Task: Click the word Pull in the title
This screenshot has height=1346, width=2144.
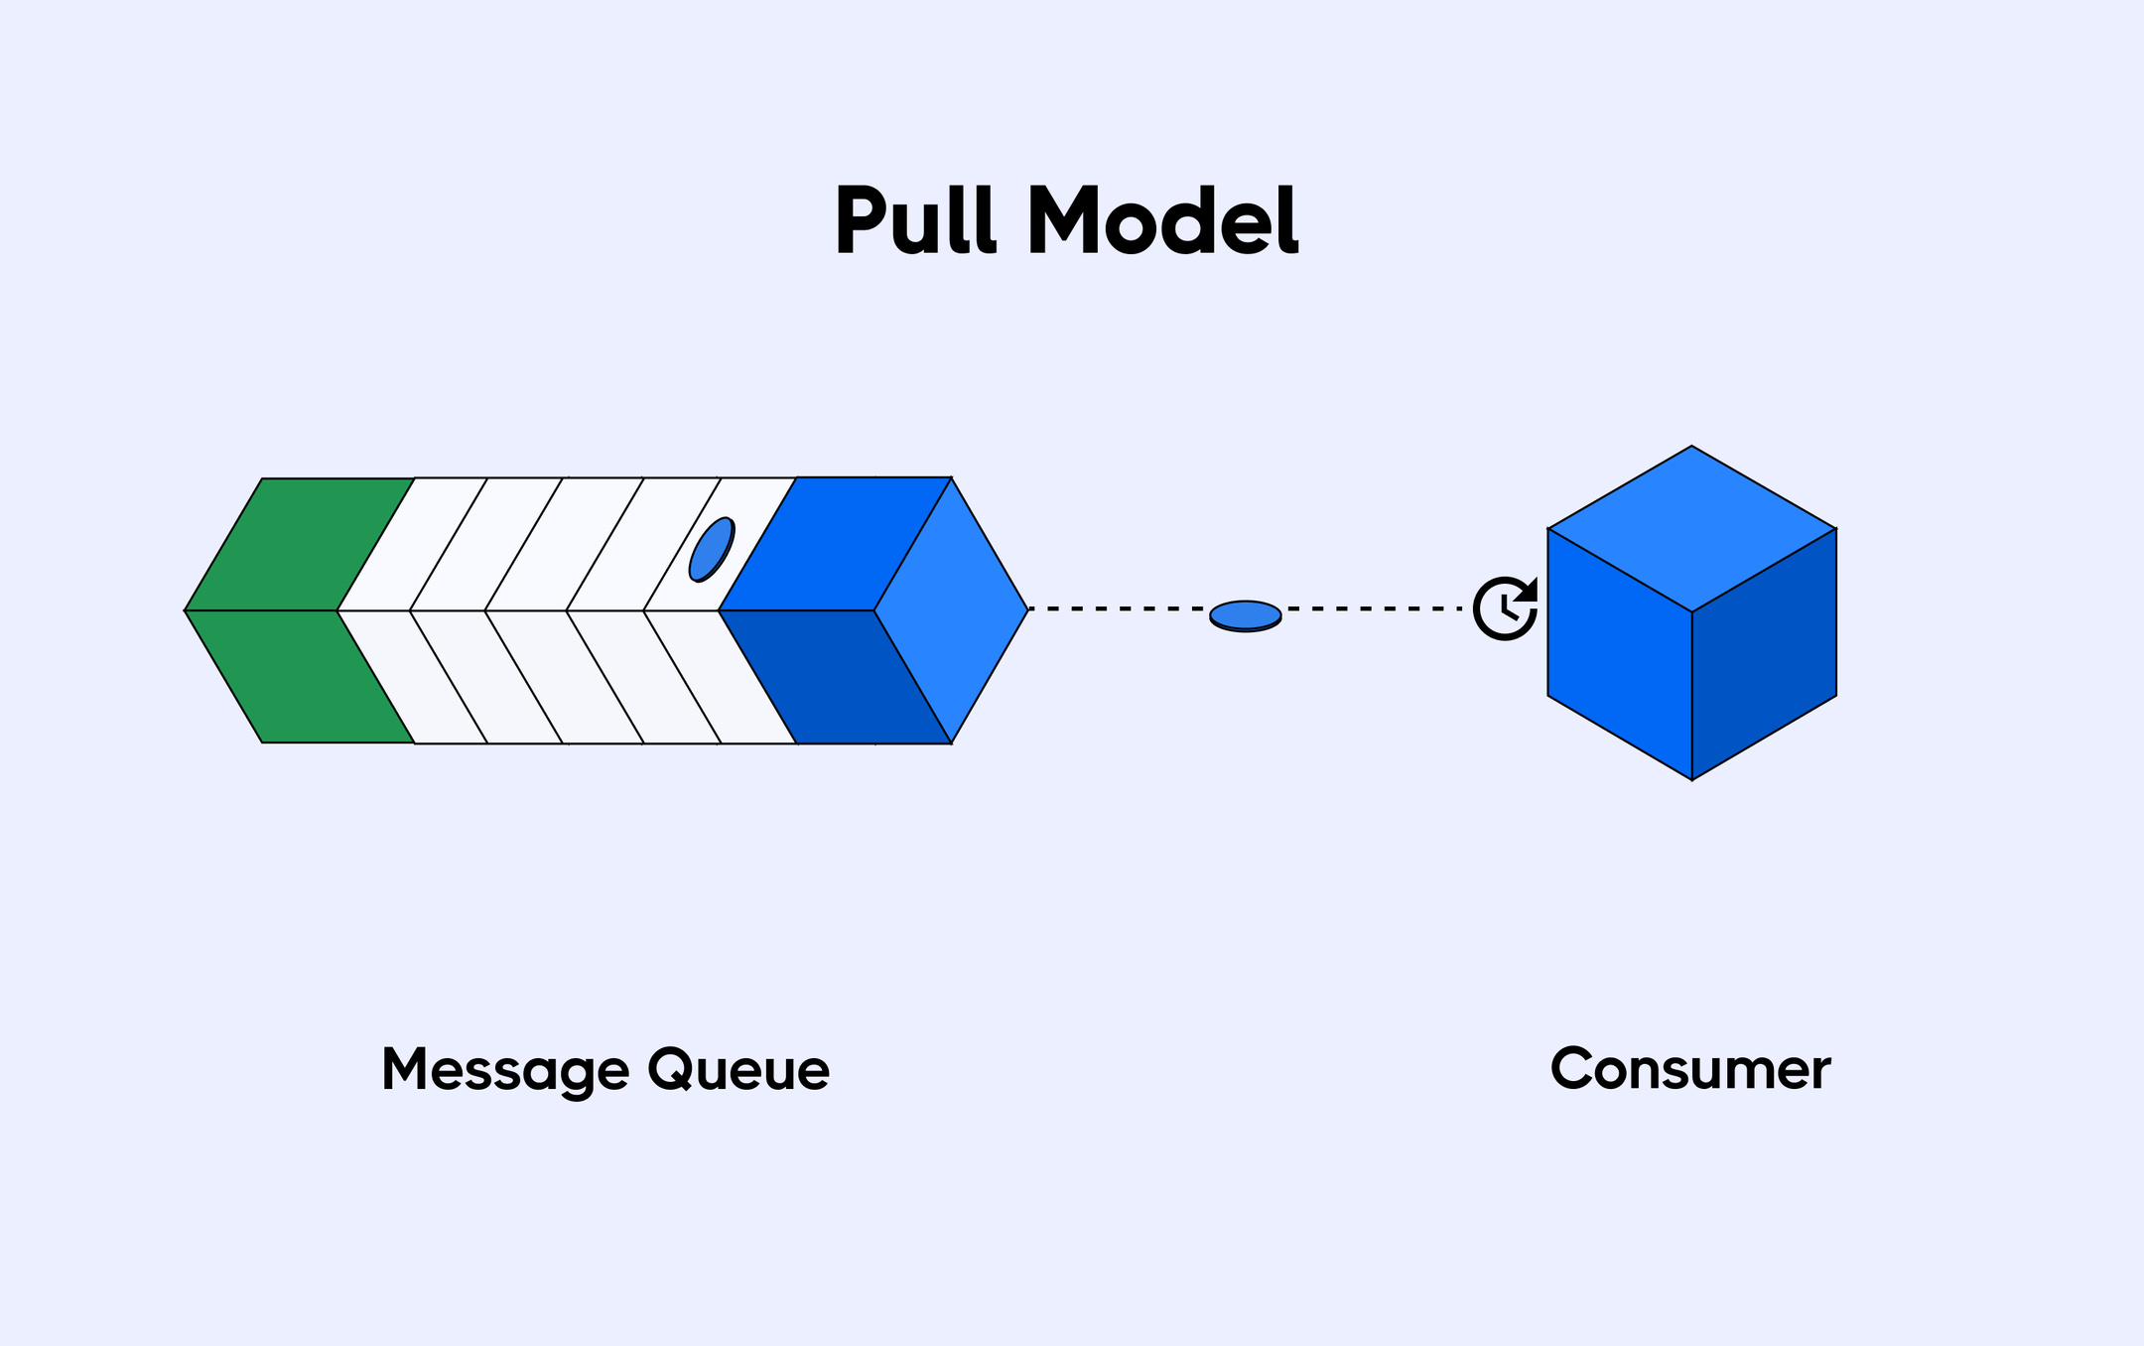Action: (914, 220)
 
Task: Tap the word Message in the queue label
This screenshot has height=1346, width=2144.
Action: (505, 1070)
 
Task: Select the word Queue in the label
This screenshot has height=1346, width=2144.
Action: (738, 1070)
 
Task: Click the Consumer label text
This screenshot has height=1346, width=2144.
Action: (1689, 1070)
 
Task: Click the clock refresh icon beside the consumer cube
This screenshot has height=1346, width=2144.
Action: (1505, 608)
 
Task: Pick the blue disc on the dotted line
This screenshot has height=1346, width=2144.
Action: (1245, 615)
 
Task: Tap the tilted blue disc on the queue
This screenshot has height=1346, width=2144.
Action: (712, 549)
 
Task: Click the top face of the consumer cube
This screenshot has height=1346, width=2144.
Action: (1691, 529)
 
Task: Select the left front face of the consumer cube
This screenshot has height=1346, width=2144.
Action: (1620, 655)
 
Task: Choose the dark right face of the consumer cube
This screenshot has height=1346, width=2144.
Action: (1765, 655)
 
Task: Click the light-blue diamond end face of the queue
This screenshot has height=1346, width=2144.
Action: (951, 610)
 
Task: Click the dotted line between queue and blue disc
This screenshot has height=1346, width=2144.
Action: (1117, 608)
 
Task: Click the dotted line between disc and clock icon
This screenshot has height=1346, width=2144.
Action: (1375, 608)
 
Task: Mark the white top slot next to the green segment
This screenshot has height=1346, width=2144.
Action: (412, 544)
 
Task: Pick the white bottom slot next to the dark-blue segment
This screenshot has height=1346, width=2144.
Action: (721, 677)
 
